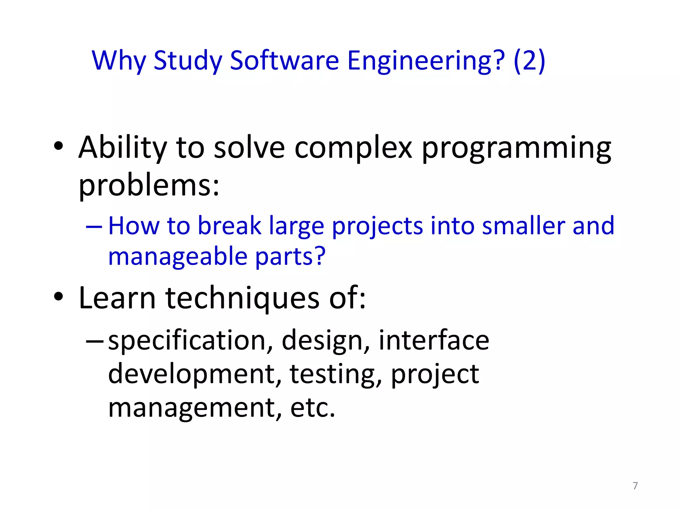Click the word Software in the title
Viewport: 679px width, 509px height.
pos(284,61)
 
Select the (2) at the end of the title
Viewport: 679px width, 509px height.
pos(529,61)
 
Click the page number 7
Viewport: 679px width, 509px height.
pos(635,486)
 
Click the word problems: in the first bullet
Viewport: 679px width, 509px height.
pos(149,186)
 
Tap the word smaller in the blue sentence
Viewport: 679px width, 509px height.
pos(524,226)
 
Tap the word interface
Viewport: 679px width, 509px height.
pos(434,340)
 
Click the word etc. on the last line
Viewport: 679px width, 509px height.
pos(313,408)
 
